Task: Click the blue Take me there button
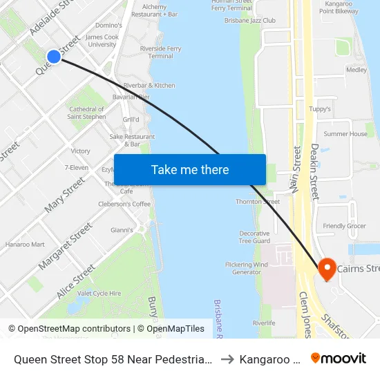click(x=190, y=169)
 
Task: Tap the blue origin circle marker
click(x=54, y=57)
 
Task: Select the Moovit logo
click(x=338, y=359)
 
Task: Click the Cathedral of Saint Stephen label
click(x=86, y=113)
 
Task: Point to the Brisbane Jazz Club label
click(x=249, y=21)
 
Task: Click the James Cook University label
click(x=102, y=41)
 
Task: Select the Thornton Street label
click(x=258, y=202)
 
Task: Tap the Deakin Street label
click(x=314, y=172)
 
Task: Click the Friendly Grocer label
click(x=344, y=227)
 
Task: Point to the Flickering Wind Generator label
click(x=246, y=268)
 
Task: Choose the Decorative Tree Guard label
click(x=254, y=237)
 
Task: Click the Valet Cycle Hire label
click(x=99, y=294)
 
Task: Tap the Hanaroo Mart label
click(x=25, y=244)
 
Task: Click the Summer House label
click(x=345, y=134)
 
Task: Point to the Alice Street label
click(x=75, y=282)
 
